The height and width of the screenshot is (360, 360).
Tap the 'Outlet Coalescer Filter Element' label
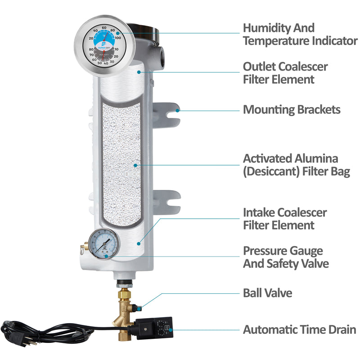[x=285, y=73]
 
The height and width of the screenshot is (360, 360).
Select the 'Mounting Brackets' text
[x=292, y=109]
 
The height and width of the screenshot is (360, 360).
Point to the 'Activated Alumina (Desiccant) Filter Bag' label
[x=297, y=165]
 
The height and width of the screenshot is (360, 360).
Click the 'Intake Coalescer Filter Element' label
[x=285, y=218]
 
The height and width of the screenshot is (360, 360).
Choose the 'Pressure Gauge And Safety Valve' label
[x=286, y=257]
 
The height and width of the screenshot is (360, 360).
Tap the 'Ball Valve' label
[x=267, y=293]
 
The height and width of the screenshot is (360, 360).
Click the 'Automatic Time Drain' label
[x=299, y=329]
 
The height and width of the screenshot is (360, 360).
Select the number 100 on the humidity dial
[x=118, y=38]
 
